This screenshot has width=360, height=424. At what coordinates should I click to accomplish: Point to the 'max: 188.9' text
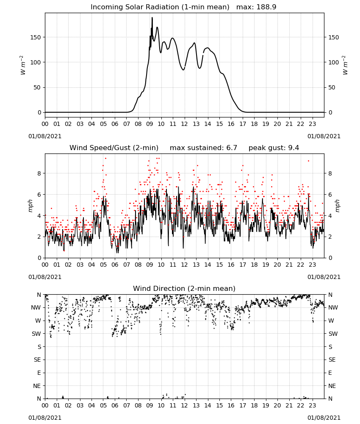click(x=256, y=7)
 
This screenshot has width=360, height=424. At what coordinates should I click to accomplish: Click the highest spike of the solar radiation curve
click(x=152, y=17)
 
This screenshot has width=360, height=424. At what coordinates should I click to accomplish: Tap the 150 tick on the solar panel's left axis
click(x=36, y=37)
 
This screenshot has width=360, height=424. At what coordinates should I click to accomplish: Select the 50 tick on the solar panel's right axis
click(x=331, y=87)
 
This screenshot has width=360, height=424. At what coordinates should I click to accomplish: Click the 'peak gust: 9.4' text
click(x=274, y=148)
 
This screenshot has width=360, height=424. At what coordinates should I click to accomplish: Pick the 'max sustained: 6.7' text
click(x=203, y=148)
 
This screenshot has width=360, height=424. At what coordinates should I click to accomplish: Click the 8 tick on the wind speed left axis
click(x=39, y=173)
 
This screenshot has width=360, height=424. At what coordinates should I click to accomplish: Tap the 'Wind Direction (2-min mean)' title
click(x=184, y=288)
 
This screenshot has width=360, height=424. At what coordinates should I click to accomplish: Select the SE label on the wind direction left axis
click(x=37, y=360)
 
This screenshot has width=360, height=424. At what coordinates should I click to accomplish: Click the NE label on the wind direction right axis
click(x=332, y=386)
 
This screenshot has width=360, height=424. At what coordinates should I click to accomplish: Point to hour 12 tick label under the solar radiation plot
click(x=184, y=124)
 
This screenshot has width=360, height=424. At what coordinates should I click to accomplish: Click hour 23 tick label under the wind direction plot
click(x=312, y=405)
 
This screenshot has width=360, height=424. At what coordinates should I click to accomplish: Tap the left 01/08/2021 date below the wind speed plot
click(x=45, y=277)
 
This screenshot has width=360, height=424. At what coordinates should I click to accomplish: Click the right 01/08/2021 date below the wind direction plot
click(x=324, y=418)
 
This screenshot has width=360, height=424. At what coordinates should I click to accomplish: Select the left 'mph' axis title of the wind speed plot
click(x=30, y=206)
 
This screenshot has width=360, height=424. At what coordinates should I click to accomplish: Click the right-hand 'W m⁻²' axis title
click(x=346, y=65)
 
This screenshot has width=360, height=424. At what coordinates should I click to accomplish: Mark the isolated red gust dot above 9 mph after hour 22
click(x=308, y=161)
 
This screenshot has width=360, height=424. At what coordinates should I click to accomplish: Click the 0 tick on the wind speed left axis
click(x=39, y=258)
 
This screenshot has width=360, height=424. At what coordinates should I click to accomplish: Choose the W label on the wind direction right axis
click(x=331, y=321)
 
